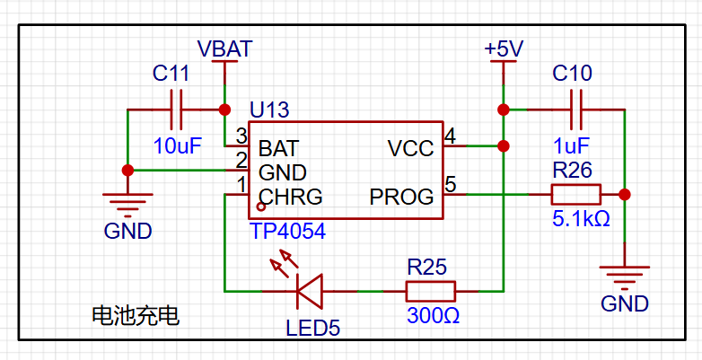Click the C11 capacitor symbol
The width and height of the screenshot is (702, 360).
click(x=176, y=110)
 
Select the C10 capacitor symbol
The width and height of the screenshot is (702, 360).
click(x=575, y=110)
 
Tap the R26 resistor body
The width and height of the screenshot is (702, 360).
click(x=575, y=195)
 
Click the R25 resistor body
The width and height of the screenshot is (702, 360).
click(x=431, y=292)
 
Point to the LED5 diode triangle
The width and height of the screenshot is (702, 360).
click(x=310, y=292)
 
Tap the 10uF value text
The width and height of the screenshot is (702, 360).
click(x=177, y=146)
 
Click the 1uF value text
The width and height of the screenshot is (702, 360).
click(x=571, y=146)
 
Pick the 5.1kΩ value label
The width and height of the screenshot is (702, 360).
click(x=581, y=219)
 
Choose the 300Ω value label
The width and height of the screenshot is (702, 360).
click(x=433, y=316)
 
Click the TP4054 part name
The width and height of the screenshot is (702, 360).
click(x=288, y=232)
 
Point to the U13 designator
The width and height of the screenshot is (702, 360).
click(x=269, y=110)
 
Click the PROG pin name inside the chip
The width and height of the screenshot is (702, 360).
click(x=401, y=197)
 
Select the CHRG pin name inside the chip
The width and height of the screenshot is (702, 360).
click(x=291, y=197)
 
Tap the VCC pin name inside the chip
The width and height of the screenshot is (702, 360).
click(x=411, y=149)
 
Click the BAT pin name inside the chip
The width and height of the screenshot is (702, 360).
click(x=278, y=148)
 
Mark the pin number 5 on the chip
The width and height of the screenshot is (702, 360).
click(x=451, y=184)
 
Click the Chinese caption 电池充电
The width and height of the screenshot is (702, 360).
click(x=136, y=316)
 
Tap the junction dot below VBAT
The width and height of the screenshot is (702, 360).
click(x=224, y=110)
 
